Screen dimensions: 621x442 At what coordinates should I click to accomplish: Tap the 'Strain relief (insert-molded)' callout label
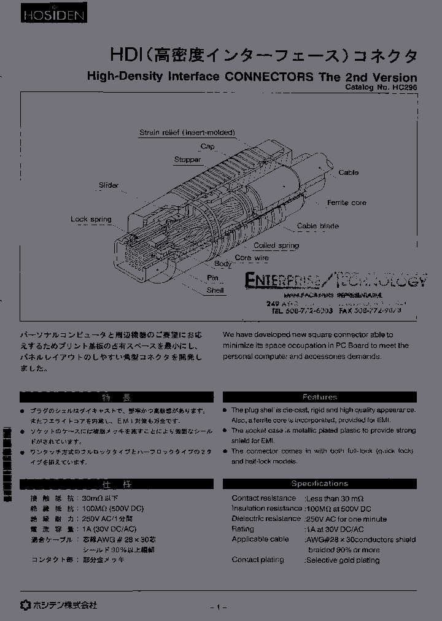click(x=187, y=133)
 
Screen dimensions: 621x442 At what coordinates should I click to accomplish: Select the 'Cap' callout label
click(x=207, y=147)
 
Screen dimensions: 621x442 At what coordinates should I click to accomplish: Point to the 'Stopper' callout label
click(x=187, y=160)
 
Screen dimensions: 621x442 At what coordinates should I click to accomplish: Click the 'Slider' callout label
click(x=109, y=185)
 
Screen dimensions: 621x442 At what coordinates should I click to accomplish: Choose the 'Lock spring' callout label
click(x=91, y=219)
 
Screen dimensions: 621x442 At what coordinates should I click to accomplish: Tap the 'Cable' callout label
click(x=348, y=172)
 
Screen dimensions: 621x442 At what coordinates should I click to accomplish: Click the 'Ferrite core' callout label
click(x=346, y=202)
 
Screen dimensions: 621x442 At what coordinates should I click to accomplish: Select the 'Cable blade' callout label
click(x=317, y=226)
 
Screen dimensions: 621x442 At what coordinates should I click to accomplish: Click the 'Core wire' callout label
click(x=252, y=258)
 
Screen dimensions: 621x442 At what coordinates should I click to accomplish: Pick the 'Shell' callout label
click(x=215, y=290)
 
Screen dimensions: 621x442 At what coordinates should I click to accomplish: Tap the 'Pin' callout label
click(x=213, y=277)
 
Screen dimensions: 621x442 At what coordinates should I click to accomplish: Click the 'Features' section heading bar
click(x=319, y=397)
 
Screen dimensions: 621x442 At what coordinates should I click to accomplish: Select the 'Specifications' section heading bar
click(x=319, y=484)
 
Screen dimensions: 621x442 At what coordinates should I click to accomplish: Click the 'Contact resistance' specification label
click(x=263, y=498)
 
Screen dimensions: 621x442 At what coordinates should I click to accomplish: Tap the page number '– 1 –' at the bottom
click(x=219, y=607)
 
